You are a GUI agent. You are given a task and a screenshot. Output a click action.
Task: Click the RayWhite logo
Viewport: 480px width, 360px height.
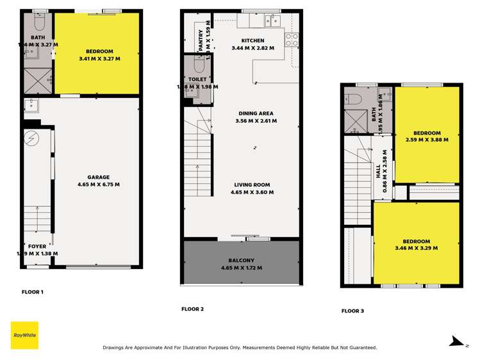[24, 335]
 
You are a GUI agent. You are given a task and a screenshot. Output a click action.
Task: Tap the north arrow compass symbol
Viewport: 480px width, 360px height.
[457, 341]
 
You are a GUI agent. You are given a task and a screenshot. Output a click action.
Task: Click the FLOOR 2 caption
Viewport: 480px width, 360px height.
[192, 309]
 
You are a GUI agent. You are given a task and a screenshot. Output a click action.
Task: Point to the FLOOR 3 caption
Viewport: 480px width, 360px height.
[352, 311]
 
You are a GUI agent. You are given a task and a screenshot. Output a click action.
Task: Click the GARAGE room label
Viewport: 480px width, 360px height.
[99, 177]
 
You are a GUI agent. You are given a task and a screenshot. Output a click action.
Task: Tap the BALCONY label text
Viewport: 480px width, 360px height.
[241, 261]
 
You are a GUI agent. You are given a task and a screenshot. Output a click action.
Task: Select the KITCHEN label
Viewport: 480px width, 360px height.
[253, 40]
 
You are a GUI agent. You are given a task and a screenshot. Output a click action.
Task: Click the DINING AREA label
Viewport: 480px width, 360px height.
[256, 113]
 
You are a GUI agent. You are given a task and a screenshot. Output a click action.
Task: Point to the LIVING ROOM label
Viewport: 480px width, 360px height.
[255, 185]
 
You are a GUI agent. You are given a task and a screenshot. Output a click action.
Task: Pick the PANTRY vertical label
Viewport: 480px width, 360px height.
[201, 40]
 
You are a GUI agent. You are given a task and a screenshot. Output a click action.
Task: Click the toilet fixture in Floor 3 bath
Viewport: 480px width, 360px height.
[352, 99]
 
